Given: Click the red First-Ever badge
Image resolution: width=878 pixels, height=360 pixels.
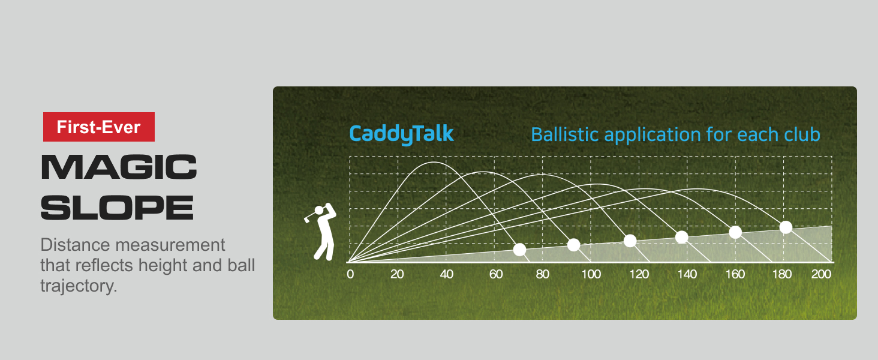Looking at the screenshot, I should coord(98,127).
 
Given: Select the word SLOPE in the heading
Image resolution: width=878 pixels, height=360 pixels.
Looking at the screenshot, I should coord(117,207).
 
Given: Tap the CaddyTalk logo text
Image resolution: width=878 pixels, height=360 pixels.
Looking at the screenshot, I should coord(401,134).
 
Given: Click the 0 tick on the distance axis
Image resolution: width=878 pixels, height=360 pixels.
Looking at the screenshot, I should coord(350,275).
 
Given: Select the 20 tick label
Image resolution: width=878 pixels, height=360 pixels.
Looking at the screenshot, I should coord(397,275).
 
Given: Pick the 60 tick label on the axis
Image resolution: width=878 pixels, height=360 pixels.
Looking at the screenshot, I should coord(495,275).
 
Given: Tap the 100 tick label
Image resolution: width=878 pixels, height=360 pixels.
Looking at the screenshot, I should coord(591,275).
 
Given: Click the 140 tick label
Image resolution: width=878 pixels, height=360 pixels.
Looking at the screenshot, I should coord(687,275).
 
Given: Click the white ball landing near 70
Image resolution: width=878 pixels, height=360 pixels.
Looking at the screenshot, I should coord(519,250).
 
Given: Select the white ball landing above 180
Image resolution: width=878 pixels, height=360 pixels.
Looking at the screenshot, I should coord(786,227).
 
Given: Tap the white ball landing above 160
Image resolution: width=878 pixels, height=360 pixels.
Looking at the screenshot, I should coord(735,232).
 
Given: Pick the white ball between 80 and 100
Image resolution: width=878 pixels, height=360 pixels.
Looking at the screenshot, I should coord(573,245).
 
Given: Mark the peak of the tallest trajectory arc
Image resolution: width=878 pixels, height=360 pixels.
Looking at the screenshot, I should coord(434,162).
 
